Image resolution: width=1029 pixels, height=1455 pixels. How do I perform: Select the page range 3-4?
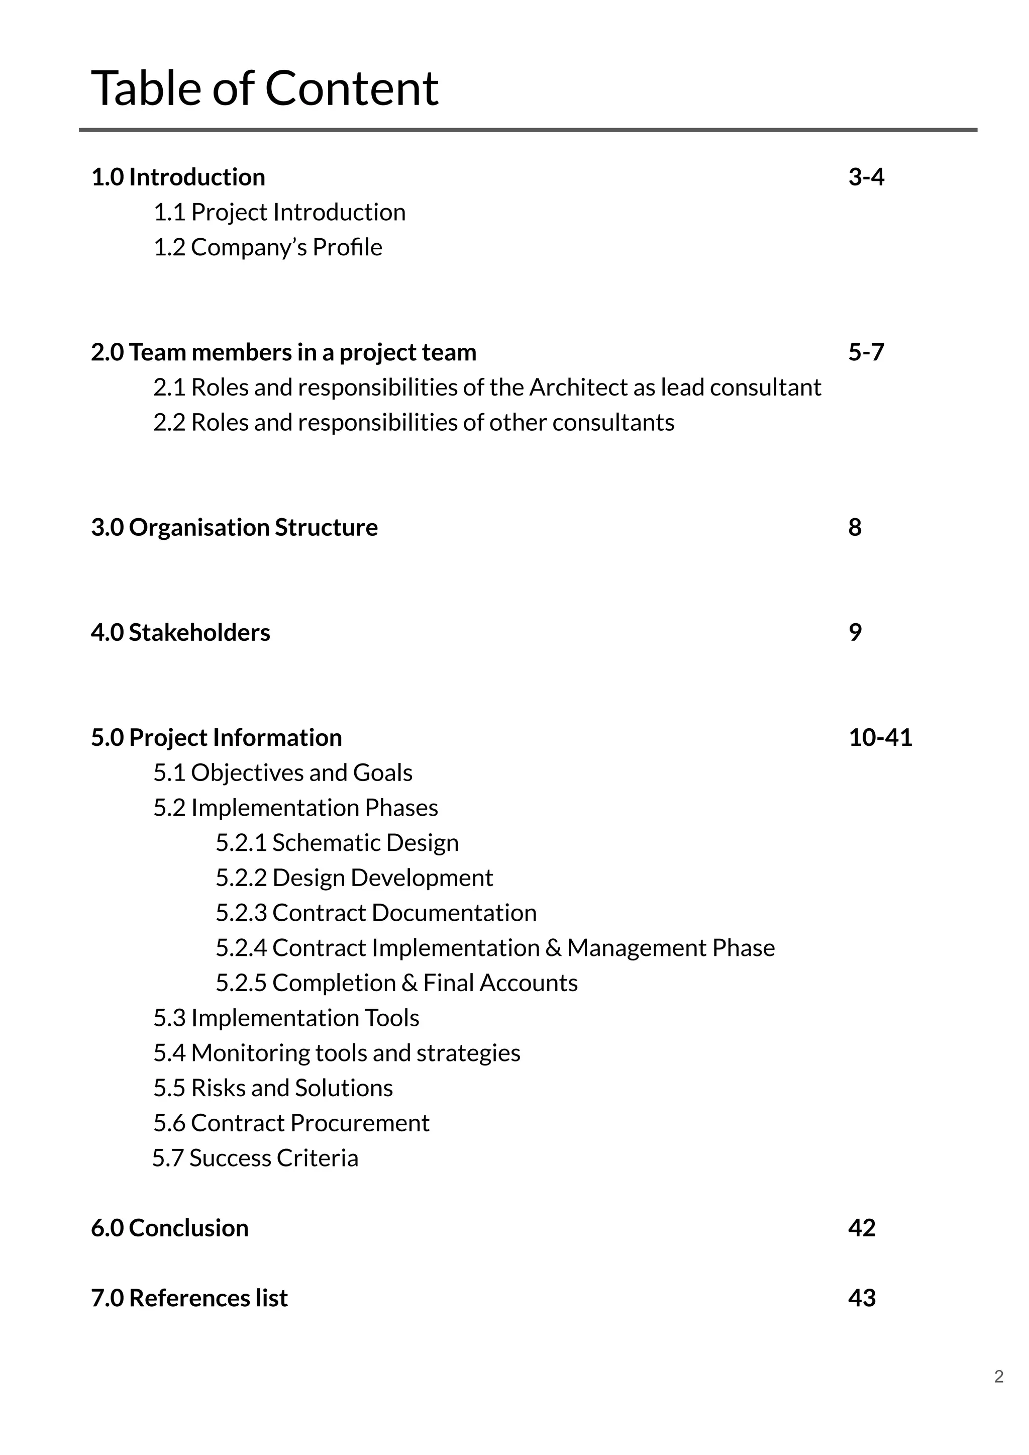(x=866, y=177)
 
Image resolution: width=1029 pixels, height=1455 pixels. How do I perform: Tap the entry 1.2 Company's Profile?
(x=267, y=248)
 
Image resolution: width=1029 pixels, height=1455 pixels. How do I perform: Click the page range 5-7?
(x=866, y=352)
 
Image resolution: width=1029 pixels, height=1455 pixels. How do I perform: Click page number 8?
(x=855, y=528)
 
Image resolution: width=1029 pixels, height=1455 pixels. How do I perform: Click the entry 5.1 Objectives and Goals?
(x=282, y=773)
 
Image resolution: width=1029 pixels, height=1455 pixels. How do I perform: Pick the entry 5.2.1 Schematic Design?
(x=337, y=843)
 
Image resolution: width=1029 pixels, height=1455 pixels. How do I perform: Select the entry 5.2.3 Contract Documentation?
(x=376, y=913)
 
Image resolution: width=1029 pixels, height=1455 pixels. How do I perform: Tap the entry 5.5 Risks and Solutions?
(x=272, y=1088)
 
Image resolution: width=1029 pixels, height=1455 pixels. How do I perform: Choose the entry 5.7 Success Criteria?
(x=255, y=1158)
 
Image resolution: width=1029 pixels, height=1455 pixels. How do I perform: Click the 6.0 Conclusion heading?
(x=169, y=1228)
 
